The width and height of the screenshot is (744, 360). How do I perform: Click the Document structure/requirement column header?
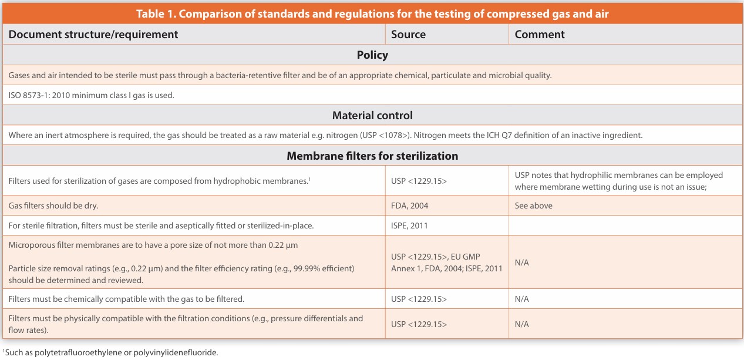pos(93,35)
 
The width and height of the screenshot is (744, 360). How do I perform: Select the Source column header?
pos(408,35)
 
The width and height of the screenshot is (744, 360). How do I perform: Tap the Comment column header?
pos(540,35)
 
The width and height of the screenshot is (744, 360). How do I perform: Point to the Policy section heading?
pos(372,55)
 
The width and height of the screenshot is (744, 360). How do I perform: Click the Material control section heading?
pos(372,115)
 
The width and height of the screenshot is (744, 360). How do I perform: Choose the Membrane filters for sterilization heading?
pos(372,156)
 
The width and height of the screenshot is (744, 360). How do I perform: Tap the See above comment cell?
pos(534,206)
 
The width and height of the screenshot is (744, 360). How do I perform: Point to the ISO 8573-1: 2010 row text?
pos(91,95)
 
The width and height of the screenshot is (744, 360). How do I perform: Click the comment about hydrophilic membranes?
pos(619,181)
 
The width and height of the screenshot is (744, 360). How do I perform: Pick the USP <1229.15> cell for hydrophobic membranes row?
pos(419,181)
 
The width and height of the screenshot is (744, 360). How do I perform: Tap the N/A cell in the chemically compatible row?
pos(521,299)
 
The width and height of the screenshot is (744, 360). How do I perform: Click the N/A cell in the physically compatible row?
pos(521,324)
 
